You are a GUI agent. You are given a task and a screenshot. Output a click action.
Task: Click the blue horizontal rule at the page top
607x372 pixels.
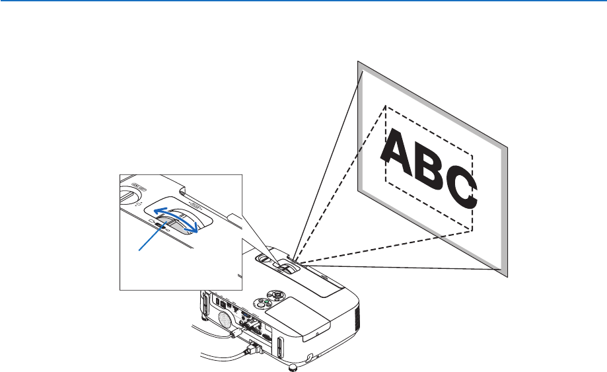(303, 2)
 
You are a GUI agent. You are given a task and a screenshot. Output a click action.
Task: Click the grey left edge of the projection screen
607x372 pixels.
(360, 126)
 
